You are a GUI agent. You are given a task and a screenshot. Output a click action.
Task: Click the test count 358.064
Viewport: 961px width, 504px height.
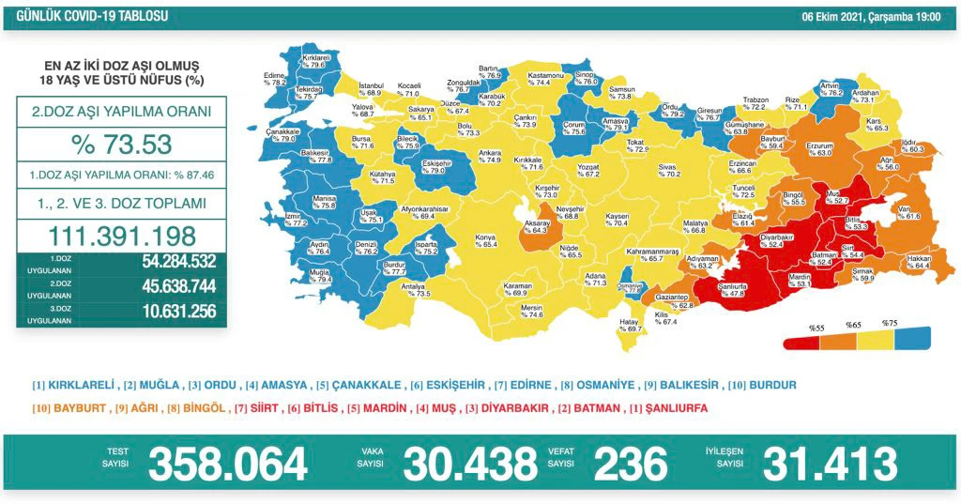pyautogui.click(x=228, y=464)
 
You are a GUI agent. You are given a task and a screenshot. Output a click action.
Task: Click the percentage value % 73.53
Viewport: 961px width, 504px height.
pyautogui.click(x=122, y=145)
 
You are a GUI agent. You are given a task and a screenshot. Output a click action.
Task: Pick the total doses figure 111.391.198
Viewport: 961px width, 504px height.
pyautogui.click(x=122, y=236)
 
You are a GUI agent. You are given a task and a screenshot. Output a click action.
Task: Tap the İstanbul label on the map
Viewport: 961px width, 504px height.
pyautogui.click(x=372, y=88)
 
